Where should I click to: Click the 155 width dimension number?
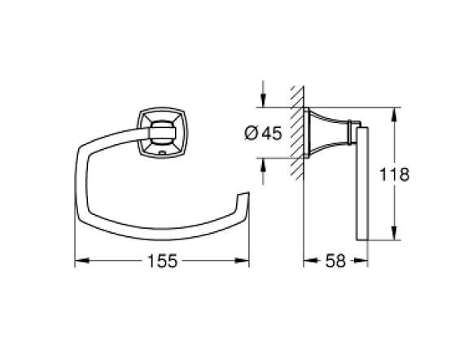point(162,262)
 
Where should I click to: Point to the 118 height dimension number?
point(413,174)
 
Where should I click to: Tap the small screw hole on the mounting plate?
point(160,149)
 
